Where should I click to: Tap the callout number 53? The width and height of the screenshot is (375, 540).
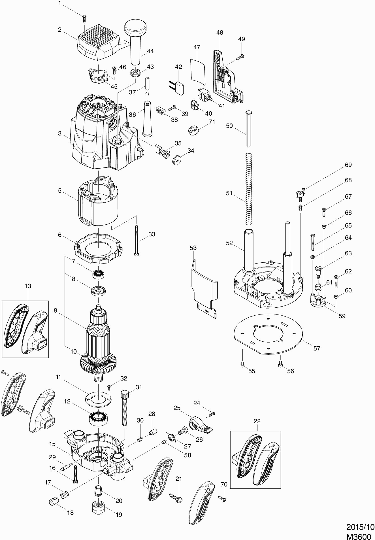[193, 248]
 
